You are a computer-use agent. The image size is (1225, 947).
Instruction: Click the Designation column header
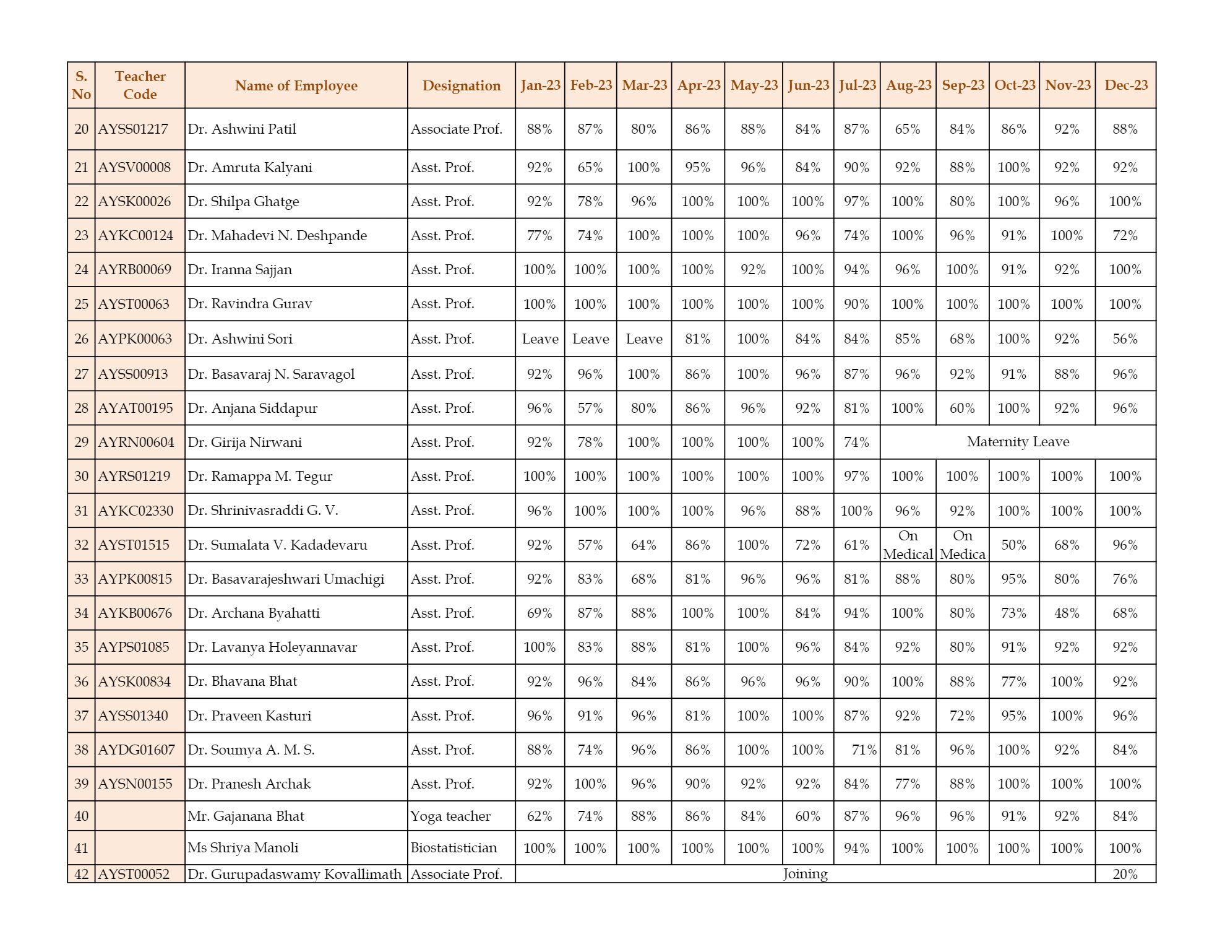coord(461,85)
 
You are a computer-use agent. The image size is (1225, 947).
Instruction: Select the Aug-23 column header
coord(908,85)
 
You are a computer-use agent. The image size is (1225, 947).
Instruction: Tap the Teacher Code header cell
coord(140,85)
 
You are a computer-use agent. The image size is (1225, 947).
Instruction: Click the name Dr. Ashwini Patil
coord(242,129)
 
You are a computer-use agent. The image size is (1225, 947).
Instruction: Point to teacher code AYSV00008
coord(134,167)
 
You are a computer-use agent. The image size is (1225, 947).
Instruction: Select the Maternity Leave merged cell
coord(1017,442)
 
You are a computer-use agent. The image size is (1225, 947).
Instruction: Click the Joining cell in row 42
coord(804,874)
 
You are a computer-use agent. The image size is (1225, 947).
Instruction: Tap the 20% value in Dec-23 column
coord(1124,874)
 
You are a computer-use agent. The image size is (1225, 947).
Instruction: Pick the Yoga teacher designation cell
coord(450,816)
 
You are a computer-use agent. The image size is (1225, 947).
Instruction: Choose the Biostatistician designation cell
coord(453,848)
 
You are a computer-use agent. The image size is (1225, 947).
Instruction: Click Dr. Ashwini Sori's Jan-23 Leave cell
coord(539,339)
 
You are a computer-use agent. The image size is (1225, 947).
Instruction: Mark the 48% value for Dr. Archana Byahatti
coord(1067,613)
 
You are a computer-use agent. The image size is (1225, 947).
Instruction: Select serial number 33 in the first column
coord(81,579)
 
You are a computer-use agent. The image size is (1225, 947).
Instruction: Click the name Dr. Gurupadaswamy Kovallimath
coord(294,874)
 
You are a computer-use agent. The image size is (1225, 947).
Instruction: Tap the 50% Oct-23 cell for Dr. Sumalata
coord(1013,545)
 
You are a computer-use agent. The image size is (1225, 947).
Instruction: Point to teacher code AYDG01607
coord(136,750)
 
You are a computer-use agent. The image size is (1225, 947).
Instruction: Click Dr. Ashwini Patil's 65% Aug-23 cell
coord(907,129)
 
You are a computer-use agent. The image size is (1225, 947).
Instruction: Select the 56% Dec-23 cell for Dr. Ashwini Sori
coord(1124,339)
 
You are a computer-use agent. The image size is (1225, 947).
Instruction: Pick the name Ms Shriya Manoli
coord(243,848)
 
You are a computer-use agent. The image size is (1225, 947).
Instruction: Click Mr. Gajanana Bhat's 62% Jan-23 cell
coord(539,816)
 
